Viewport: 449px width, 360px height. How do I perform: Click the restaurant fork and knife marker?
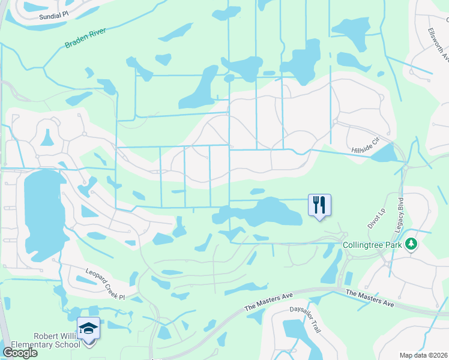[x=319, y=205]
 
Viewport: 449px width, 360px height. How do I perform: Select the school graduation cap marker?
[x=88, y=328]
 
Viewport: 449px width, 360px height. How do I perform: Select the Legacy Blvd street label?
[x=401, y=211]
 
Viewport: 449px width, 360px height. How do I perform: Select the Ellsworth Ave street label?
[x=439, y=45]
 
